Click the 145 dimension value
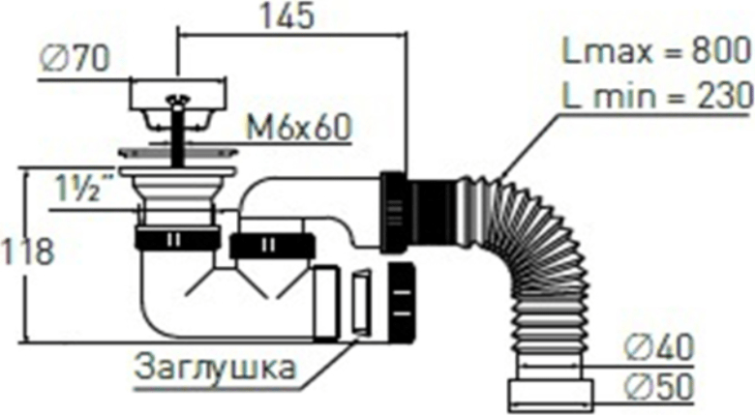tap(287, 17)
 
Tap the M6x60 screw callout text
tap(299, 128)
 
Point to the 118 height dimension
tap(26, 252)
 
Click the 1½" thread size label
tap(82, 188)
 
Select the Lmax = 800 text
tap(657, 51)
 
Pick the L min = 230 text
tap(658, 95)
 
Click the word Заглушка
tap(214, 368)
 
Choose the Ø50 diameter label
tap(659, 386)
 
